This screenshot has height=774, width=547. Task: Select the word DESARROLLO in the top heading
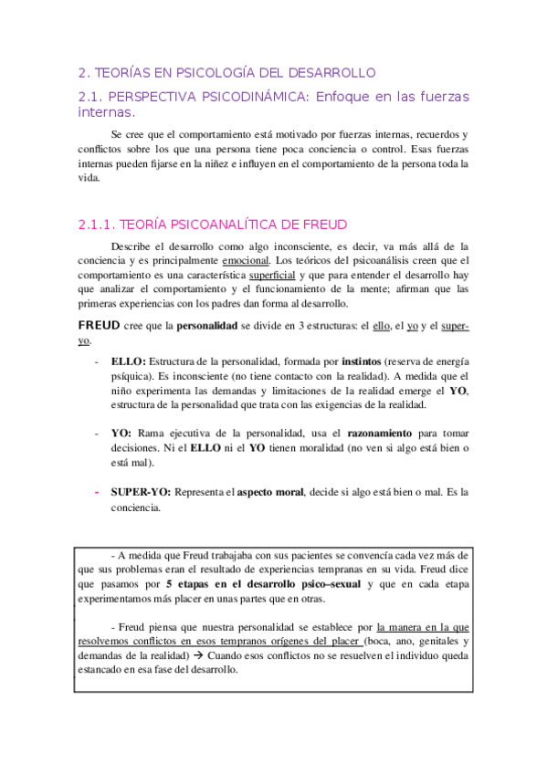tap(332, 73)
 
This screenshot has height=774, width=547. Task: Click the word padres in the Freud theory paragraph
tap(235, 303)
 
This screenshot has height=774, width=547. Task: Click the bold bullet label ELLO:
tap(127, 362)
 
